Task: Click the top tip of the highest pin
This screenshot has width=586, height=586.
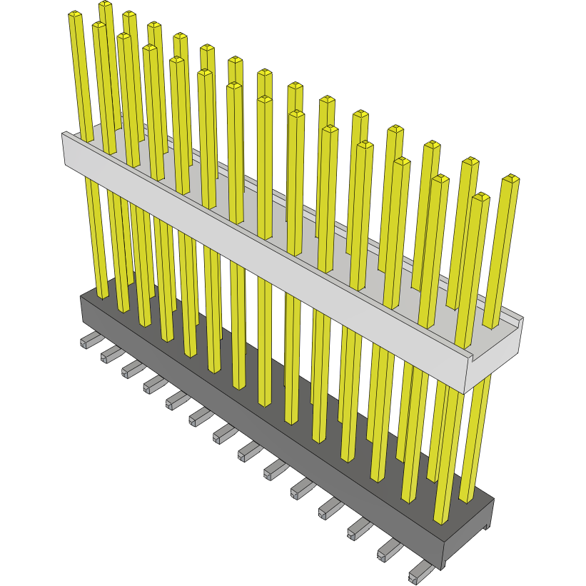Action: (106, 5)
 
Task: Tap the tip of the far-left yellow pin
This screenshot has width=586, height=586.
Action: (75, 15)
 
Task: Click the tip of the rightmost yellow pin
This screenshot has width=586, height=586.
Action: (511, 178)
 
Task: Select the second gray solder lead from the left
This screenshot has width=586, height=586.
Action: (108, 353)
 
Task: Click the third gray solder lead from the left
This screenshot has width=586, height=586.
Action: (130, 368)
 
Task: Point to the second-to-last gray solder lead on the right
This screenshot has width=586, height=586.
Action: (388, 550)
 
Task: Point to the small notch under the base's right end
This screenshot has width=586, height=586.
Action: (486, 527)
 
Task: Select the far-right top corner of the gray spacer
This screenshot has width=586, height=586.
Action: (523, 319)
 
